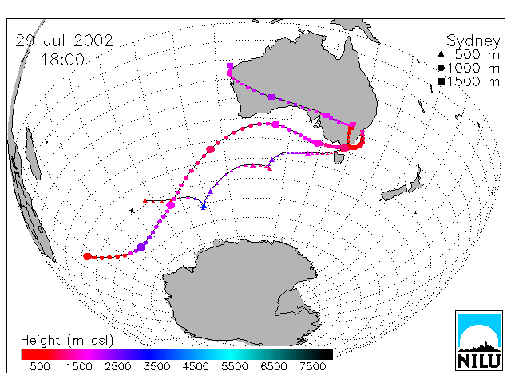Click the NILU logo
coord(479,341)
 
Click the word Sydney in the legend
coord(473,41)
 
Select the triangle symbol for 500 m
coord(441,54)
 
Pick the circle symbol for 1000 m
coord(441,68)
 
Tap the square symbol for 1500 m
coord(441,81)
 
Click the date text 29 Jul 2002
coord(64,41)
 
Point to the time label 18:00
coord(63,60)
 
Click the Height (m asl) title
coord(67,341)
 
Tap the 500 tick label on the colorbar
coord(40,366)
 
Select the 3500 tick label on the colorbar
coord(156,366)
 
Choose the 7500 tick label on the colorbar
coord(312,366)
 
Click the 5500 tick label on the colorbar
coord(235,366)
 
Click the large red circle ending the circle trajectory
coord(87,256)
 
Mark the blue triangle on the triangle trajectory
coord(204,207)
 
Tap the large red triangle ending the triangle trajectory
coord(145,201)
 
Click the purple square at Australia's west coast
coord(230,66)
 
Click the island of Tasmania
coord(339,158)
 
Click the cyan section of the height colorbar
coord(230,354)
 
